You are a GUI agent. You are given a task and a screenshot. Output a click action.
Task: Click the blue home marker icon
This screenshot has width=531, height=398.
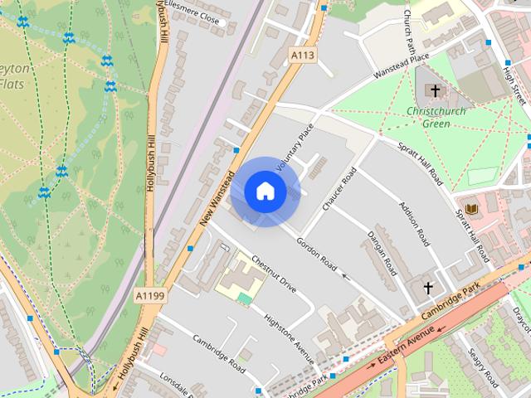click(265, 192)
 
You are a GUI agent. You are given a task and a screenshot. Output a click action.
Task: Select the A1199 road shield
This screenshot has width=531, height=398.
click(150, 294)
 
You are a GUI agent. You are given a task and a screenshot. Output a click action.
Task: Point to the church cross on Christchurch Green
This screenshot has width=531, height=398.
click(435, 90)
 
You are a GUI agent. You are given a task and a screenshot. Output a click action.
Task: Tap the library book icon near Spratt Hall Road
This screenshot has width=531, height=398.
click(471, 208)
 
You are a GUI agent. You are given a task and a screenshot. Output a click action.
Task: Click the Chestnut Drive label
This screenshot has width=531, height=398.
click(274, 273)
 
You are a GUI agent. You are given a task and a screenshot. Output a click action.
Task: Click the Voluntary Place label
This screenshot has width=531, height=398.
click(296, 148)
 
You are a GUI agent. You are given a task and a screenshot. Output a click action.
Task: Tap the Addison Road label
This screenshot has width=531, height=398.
click(413, 223)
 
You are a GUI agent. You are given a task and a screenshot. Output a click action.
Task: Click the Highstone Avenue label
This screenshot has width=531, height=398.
click(288, 338)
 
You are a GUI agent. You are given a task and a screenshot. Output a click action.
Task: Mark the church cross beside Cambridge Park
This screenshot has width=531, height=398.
click(429, 289)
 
